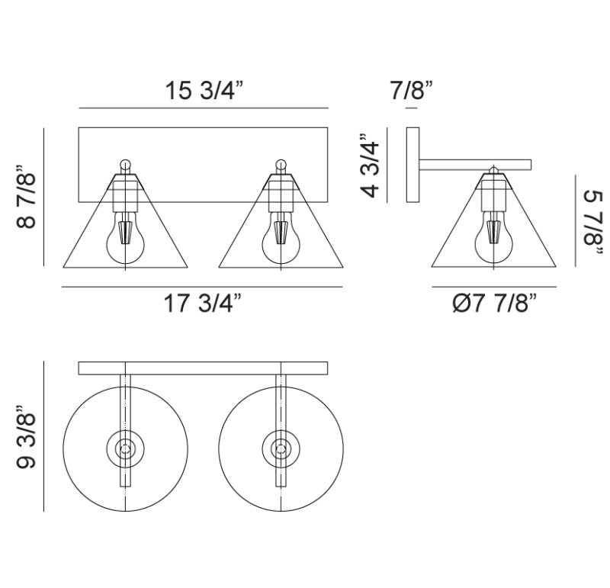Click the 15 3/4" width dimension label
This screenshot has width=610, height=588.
204,90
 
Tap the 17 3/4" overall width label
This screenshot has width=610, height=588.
203,303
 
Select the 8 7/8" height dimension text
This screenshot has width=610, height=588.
27,197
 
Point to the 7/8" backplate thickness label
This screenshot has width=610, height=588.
412,90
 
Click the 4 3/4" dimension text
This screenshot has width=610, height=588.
370,165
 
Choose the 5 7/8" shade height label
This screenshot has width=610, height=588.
593,222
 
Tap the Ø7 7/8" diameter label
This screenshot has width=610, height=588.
495,303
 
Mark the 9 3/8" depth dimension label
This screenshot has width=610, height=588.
27,437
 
